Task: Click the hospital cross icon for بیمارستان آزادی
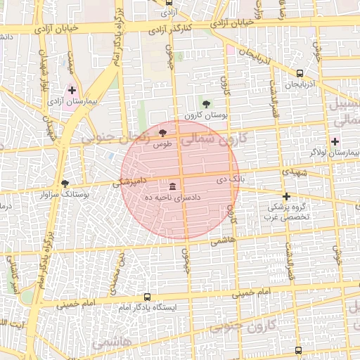(x=72, y=91)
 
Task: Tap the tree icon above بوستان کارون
(x=205, y=103)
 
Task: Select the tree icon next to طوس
(x=163, y=133)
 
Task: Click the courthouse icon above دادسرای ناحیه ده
(x=173, y=186)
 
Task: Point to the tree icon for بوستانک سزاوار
(x=65, y=183)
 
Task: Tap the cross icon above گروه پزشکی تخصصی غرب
(x=286, y=196)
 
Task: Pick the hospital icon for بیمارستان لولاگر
(x=335, y=141)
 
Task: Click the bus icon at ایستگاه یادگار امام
(x=147, y=297)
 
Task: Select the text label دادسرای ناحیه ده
(x=173, y=198)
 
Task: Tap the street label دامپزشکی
(x=131, y=181)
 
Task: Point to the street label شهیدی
(x=296, y=172)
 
